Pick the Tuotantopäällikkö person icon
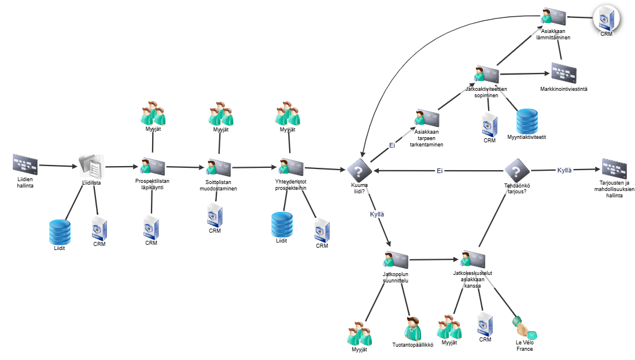413,329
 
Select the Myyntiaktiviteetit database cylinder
527,120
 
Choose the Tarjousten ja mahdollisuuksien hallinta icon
614,168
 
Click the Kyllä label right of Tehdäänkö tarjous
564,171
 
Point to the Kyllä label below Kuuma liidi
377,214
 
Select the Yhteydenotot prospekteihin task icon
290,166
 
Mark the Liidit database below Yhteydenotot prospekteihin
282,223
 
